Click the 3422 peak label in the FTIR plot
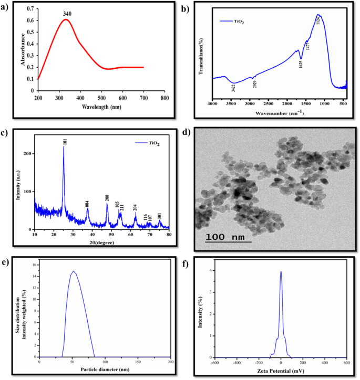(x=233, y=88)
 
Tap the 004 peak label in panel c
(x=87, y=203)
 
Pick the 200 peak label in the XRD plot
(x=107, y=197)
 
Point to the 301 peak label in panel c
(x=160, y=215)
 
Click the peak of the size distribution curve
(x=74, y=271)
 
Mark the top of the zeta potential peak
(x=281, y=271)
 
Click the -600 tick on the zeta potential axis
(x=215, y=362)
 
